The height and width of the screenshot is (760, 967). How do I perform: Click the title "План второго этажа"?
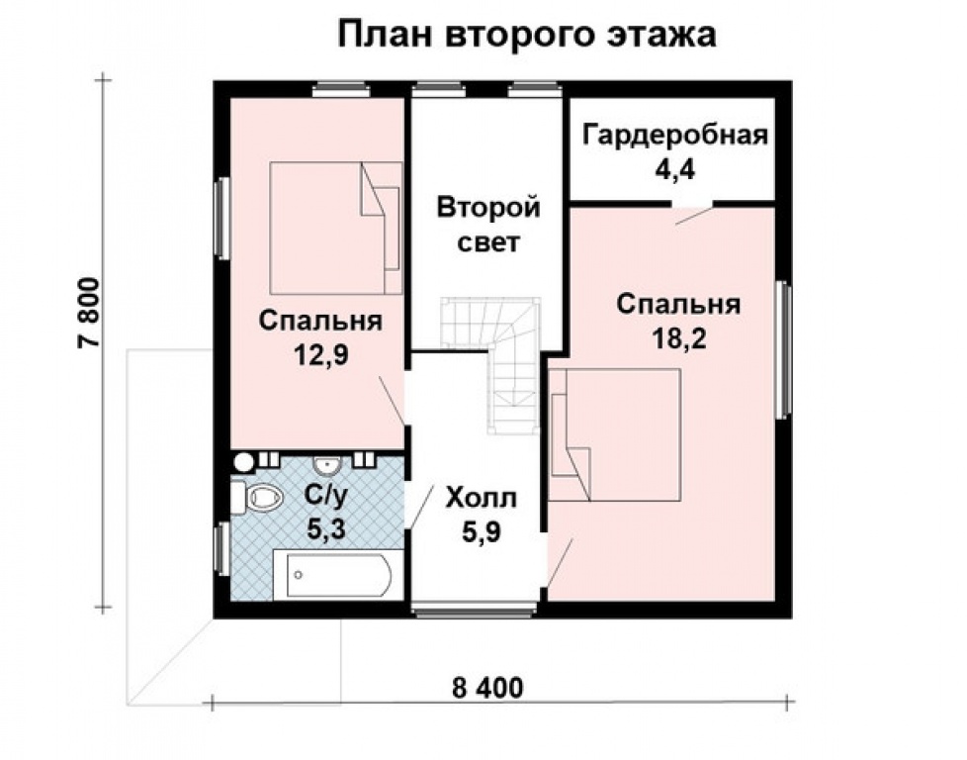tap(526, 34)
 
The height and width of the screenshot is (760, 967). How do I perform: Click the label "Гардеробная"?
tap(674, 135)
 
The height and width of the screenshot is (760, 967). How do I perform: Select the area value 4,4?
tap(674, 167)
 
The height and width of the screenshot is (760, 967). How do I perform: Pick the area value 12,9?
tap(321, 353)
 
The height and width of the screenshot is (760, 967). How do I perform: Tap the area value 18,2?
tap(678, 336)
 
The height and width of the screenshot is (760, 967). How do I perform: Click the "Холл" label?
tap(482, 498)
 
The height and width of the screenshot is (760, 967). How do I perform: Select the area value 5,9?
tap(481, 532)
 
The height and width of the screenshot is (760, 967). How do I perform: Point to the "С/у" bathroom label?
tap(320, 496)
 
